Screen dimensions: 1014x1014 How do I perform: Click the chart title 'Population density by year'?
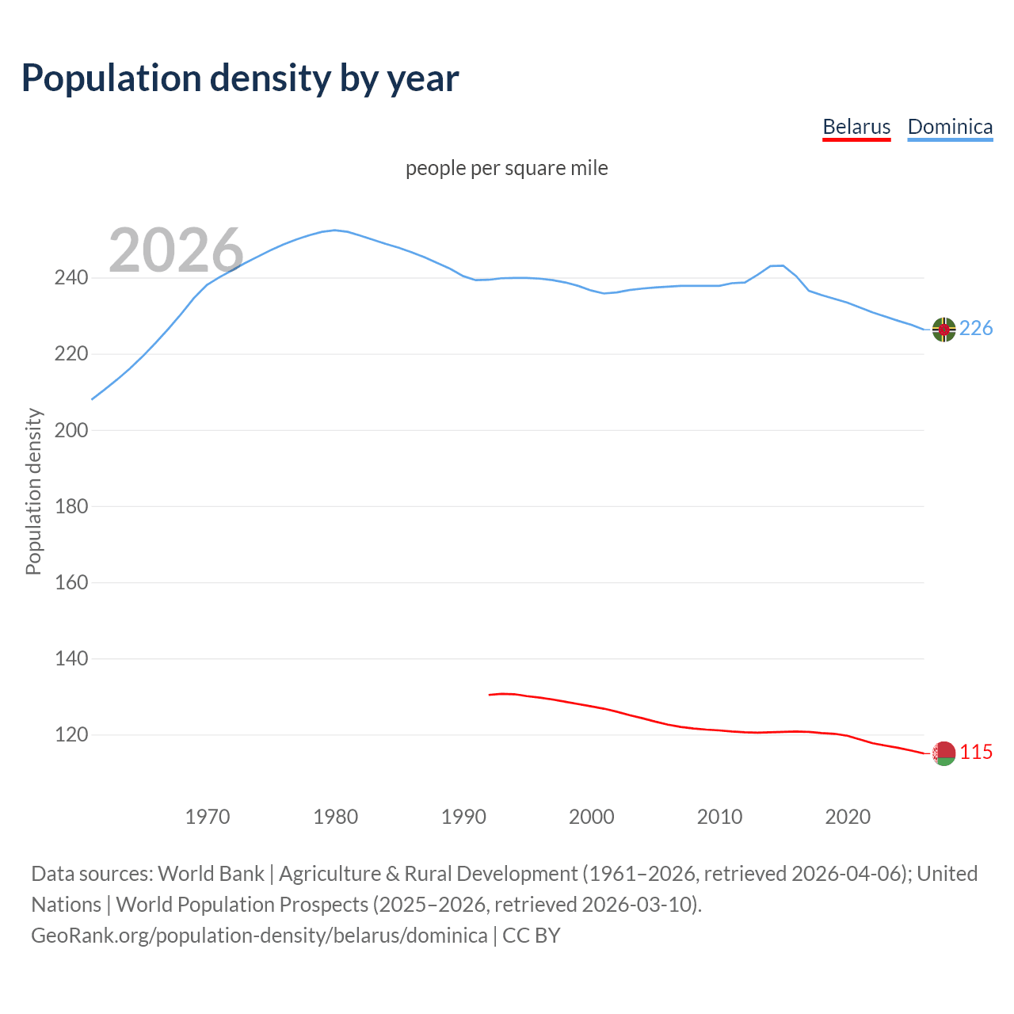[240, 78]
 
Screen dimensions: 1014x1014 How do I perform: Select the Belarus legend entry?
[856, 127]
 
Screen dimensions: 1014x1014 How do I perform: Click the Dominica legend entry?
[950, 127]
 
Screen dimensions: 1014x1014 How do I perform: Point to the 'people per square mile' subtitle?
[506, 168]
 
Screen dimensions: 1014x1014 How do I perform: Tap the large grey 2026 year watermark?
[176, 250]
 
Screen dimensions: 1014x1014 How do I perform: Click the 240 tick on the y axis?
[71, 278]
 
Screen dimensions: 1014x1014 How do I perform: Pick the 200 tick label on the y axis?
[71, 430]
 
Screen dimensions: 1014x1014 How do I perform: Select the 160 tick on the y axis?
[71, 582]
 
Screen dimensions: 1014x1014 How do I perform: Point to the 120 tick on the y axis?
[71, 734]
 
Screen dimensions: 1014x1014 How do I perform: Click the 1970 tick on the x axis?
[208, 816]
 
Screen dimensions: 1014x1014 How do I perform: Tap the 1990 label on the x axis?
[463, 816]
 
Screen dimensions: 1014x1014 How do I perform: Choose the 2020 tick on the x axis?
[848, 816]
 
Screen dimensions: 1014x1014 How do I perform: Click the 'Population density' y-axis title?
[33, 491]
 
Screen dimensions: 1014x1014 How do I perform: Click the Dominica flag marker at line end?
[943, 329]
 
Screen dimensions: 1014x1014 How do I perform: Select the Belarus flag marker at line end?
[943, 753]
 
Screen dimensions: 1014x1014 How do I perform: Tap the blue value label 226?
[976, 329]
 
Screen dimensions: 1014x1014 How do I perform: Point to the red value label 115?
[976, 753]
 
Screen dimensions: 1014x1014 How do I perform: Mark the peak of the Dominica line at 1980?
[335, 230]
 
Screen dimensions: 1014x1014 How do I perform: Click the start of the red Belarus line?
[490, 695]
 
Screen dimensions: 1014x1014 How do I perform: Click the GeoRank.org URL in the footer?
[259, 936]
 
